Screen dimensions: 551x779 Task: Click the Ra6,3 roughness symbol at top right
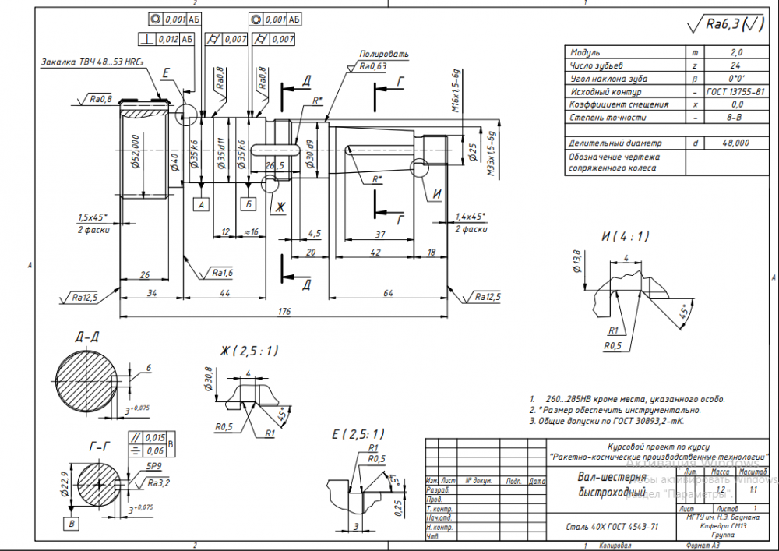726,25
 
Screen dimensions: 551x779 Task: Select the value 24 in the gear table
735,65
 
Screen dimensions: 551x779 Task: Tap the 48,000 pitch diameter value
735,143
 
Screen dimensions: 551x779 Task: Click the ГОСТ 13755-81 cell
735,91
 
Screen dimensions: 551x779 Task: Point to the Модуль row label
585,52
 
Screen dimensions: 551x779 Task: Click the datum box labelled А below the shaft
202,204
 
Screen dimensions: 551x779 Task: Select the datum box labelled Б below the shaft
249,204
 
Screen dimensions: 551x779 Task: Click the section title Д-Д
86,337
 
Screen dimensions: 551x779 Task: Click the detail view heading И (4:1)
625,236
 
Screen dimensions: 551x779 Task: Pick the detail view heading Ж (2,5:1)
249,351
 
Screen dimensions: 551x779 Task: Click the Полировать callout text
383,54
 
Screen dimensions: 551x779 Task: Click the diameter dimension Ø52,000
133,149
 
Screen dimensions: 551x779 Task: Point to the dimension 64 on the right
387,292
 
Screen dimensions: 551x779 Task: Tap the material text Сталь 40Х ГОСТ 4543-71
612,527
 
